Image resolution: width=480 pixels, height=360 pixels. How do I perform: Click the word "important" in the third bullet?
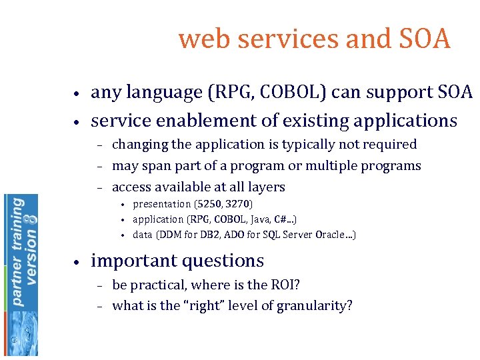tap(131, 261)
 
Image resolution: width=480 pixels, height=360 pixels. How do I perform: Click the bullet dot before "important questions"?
tap(78, 262)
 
